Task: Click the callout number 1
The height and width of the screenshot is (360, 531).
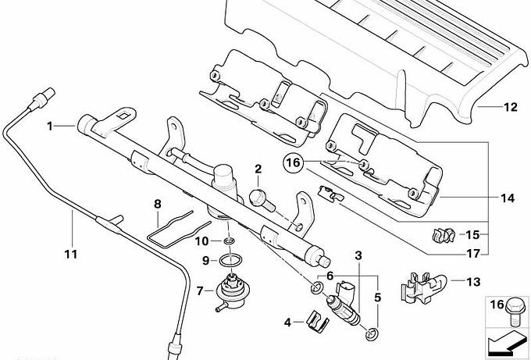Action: pos(50,127)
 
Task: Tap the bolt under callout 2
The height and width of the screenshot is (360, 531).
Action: pos(262,201)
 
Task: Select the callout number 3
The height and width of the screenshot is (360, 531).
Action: pos(358,255)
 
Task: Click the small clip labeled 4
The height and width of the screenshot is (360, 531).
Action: pos(317,321)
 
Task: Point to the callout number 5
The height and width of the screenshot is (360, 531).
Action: pos(378,298)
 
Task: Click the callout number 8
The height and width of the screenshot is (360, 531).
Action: pos(158,205)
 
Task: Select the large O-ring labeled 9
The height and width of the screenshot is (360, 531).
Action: pos(230,261)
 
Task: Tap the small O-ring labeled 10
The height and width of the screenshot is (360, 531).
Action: pos(229,241)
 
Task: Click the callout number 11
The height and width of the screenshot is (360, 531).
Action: pos(71,254)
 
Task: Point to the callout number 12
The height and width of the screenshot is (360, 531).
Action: pos(511,107)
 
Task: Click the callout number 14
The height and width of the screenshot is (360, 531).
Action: pos(508,198)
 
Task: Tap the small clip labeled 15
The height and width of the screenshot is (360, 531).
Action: pos(444,235)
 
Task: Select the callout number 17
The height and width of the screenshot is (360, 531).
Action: pos(473,253)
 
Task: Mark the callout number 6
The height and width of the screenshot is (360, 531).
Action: pos(330,276)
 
